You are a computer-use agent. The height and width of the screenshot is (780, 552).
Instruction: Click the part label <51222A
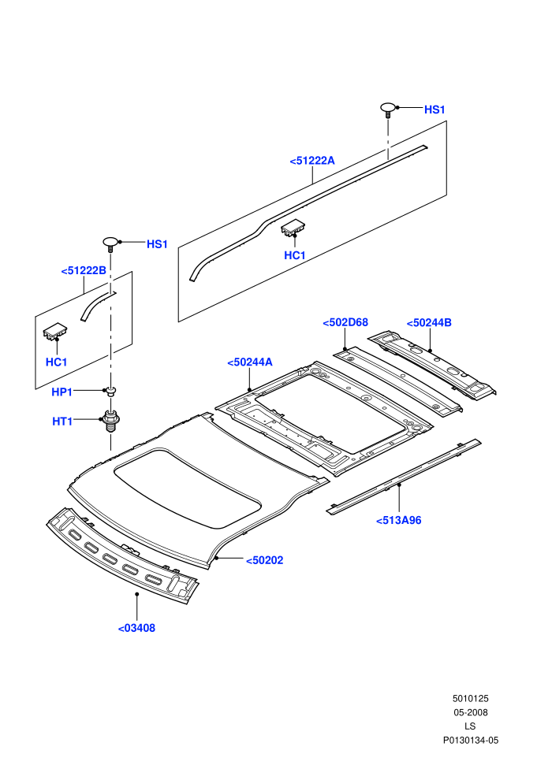tap(312, 161)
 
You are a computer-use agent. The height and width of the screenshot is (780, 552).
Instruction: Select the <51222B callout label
tap(84, 270)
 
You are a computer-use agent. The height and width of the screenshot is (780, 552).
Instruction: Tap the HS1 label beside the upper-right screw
tap(435, 110)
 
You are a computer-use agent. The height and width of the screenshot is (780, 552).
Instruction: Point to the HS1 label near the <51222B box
tap(157, 244)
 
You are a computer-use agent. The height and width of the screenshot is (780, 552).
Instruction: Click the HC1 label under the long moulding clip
tap(295, 255)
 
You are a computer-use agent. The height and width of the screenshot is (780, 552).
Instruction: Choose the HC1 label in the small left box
tap(56, 362)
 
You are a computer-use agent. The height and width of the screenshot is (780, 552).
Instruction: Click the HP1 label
tap(62, 392)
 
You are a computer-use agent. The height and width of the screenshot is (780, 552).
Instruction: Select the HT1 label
tap(63, 422)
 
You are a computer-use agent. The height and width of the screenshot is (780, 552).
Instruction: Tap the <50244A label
tap(250, 362)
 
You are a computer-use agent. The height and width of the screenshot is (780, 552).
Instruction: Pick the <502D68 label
tap(345, 322)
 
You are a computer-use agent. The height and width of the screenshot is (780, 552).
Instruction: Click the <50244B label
tap(429, 323)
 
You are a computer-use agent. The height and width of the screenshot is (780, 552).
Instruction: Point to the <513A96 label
tap(399, 520)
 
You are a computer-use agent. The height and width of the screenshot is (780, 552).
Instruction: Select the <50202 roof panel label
tap(265, 560)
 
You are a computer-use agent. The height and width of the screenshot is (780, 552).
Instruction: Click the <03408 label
tap(137, 628)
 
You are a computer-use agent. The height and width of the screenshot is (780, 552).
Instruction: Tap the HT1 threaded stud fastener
tap(110, 421)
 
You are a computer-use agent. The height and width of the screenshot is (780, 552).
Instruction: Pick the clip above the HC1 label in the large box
tap(293, 228)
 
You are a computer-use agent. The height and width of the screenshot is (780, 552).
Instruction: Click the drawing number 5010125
tap(470, 698)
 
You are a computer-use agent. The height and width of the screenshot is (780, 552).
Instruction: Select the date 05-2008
tap(470, 712)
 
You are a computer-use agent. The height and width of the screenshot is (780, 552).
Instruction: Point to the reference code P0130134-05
tap(471, 740)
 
